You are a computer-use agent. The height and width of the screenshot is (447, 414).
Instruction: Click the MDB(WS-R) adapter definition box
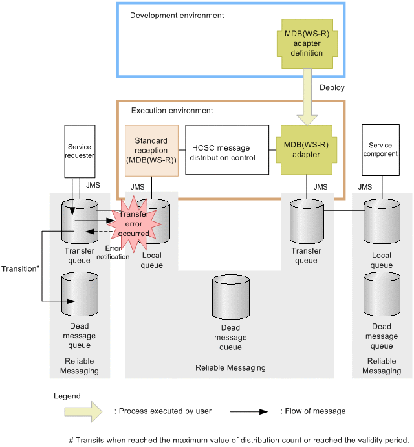307,43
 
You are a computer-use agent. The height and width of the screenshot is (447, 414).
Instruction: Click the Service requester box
80,151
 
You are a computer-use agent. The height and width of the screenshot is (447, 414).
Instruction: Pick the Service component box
381,150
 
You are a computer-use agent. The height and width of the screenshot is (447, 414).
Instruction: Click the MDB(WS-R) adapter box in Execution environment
307,150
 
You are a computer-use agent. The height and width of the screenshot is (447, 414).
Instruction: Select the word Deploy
332,87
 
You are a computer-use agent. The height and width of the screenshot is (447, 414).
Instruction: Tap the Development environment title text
177,15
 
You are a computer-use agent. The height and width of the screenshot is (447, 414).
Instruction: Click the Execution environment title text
172,111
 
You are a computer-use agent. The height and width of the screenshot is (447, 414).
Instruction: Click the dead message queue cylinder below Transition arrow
80,294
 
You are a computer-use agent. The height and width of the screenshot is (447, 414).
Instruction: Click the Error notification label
113,252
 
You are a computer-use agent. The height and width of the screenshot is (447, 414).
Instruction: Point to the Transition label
18,268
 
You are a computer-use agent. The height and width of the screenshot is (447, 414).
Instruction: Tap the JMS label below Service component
365,187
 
